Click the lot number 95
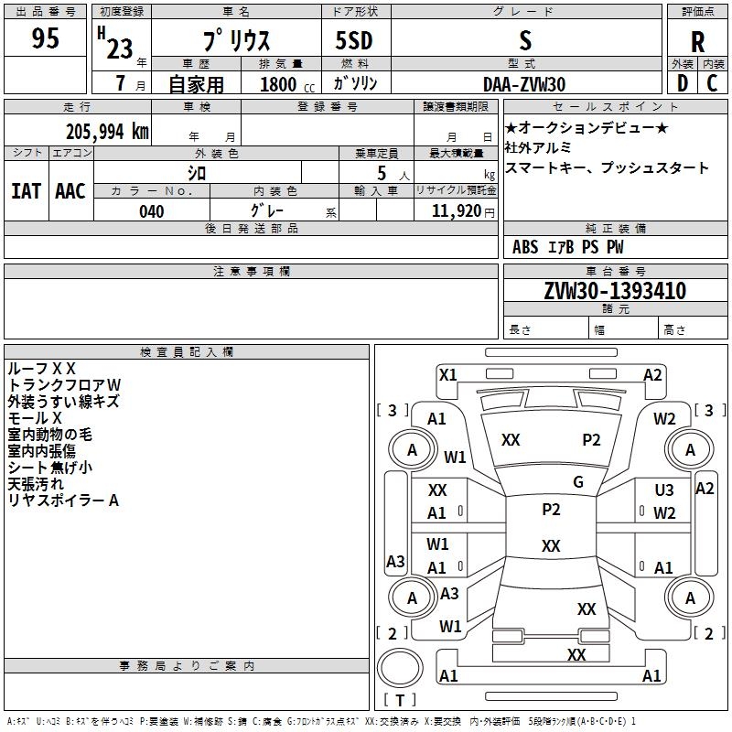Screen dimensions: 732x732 coord(45,38)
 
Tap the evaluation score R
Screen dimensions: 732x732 coord(697,42)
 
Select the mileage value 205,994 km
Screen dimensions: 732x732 coord(107,132)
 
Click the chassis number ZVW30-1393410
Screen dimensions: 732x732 coord(615,290)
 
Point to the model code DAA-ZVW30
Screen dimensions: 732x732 coord(524,84)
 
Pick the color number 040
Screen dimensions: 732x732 coord(151,211)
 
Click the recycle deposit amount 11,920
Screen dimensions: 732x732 coord(456,211)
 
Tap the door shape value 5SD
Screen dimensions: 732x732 coord(354,40)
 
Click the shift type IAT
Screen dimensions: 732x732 coord(27,191)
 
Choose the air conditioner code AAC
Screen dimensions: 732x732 coord(70,191)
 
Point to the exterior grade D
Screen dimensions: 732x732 coord(682,83)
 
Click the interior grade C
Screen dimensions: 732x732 coord(712,83)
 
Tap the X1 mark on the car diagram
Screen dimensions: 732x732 coord(447,375)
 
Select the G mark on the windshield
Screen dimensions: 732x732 coord(578,481)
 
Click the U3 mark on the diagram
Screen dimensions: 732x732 coord(664,490)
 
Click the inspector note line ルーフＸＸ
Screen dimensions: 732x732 coord(41,369)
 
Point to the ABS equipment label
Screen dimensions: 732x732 coord(525,247)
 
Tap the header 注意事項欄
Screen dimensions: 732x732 coord(252,271)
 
